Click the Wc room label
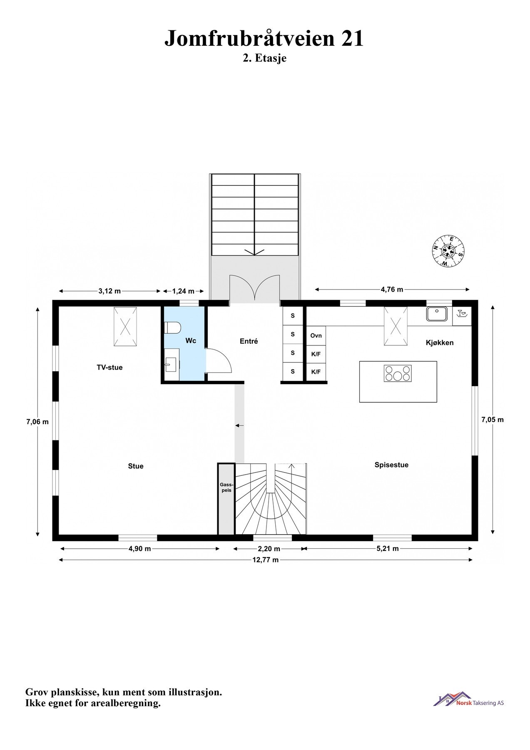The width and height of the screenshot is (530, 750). [x=191, y=341]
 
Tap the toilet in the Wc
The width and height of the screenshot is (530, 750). [x=172, y=327]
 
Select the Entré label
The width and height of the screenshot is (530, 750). [x=249, y=341]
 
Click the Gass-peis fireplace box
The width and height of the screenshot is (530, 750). [x=226, y=499]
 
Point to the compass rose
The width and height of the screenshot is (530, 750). [x=448, y=251]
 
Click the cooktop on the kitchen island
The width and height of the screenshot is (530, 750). [x=398, y=373]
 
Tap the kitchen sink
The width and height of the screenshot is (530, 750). [x=436, y=314]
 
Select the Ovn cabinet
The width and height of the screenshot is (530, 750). [x=316, y=336]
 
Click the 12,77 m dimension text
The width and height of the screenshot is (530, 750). [x=266, y=560]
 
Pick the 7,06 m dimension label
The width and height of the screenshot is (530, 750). [x=37, y=422]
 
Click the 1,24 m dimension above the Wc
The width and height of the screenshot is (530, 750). [x=183, y=291]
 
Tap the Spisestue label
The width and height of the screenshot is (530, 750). [x=391, y=465]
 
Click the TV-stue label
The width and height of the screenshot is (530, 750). [x=109, y=367]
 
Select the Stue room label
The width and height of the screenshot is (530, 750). [x=136, y=466]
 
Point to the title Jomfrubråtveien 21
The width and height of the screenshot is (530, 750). [x=264, y=38]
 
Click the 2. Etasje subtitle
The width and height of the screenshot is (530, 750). [x=265, y=58]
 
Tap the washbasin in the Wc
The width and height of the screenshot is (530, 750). [x=171, y=365]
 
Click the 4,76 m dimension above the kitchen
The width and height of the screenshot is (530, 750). [x=392, y=290]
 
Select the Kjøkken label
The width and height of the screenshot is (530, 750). [x=440, y=343]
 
